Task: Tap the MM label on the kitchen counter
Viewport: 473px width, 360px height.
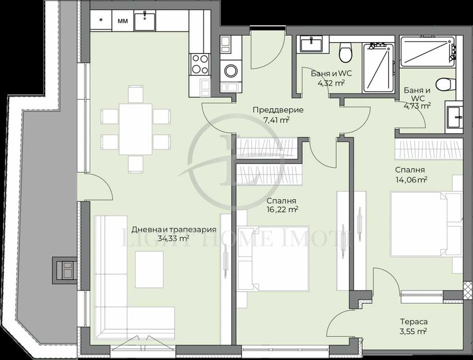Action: (122, 21)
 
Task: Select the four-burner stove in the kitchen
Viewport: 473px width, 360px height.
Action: (200, 64)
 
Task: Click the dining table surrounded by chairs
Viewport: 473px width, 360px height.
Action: (136, 129)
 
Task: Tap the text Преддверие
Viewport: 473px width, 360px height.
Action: (277, 110)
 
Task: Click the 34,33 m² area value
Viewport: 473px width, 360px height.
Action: (173, 239)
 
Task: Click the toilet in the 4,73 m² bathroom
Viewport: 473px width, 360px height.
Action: (443, 83)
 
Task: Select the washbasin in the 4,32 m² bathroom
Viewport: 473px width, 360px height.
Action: (311, 44)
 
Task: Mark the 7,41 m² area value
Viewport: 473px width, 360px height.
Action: (277, 120)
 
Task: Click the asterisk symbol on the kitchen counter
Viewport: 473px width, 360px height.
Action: (101, 21)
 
